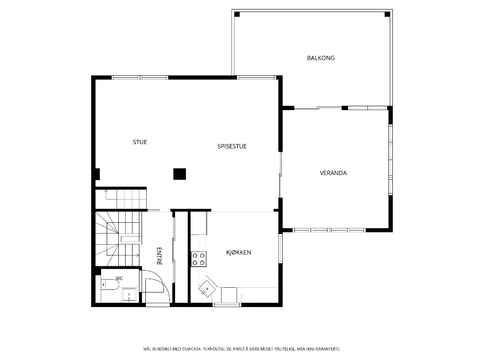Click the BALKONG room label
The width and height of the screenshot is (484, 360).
(x=321, y=58)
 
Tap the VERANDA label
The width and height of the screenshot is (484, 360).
(x=333, y=173)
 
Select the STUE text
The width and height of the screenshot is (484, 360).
(x=140, y=142)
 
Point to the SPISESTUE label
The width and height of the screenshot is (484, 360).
(x=232, y=147)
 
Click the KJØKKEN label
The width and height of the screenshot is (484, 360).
(x=239, y=252)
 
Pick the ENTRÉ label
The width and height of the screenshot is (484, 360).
(x=159, y=256)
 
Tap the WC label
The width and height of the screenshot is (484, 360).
(x=119, y=278)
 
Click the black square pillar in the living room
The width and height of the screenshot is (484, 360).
(x=180, y=174)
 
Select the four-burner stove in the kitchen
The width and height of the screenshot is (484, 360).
(x=198, y=259)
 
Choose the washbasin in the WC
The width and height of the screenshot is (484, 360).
(x=129, y=294)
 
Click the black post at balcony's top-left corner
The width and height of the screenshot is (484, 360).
(x=237, y=14)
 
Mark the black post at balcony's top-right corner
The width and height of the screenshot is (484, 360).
(x=387, y=14)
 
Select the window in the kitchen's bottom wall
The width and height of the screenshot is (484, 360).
(x=227, y=305)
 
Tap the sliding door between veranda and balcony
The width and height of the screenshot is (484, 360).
(x=318, y=108)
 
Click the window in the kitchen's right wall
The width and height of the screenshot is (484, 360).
(x=280, y=248)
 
